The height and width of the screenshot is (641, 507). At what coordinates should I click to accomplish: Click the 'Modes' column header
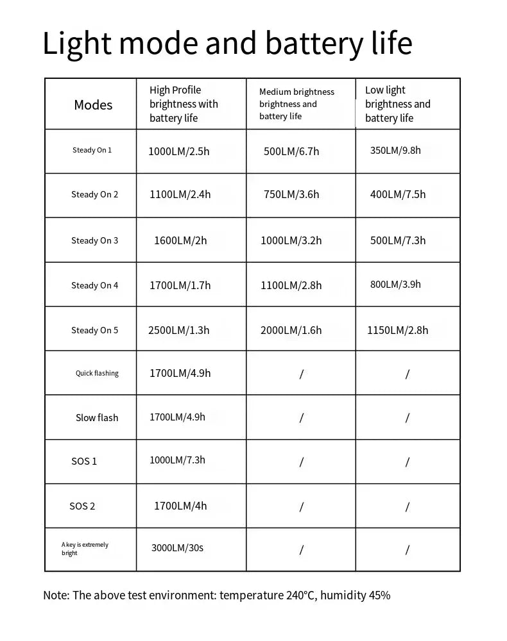[x=93, y=104]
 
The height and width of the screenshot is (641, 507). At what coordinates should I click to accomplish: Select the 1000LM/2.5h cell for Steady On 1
[x=179, y=151]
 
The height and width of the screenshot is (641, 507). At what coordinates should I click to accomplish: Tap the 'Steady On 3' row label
[x=95, y=240]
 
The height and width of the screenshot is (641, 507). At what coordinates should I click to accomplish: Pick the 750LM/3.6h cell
[x=291, y=194]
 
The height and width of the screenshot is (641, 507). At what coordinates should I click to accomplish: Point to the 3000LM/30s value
[x=177, y=547]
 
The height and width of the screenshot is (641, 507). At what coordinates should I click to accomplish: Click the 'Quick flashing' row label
[x=97, y=373]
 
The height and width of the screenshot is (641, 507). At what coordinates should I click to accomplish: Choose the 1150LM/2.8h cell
[x=397, y=330]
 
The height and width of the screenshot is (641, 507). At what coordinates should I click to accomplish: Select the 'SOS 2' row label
[x=82, y=506]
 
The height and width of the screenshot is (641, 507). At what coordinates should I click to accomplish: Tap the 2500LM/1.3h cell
[x=178, y=330]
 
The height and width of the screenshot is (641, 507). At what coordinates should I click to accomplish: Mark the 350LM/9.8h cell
[x=395, y=150]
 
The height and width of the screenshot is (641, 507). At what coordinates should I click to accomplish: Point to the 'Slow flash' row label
[x=97, y=417]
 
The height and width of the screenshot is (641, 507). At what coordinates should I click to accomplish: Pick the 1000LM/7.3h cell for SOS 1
[x=177, y=460]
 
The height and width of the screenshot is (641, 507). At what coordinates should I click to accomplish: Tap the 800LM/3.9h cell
[x=395, y=284]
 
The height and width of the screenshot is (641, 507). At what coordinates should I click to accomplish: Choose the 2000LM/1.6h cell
[x=291, y=330]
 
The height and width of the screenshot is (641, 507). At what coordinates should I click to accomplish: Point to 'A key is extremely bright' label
[x=85, y=549]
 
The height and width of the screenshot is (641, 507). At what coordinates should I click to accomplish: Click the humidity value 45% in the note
[x=379, y=595]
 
